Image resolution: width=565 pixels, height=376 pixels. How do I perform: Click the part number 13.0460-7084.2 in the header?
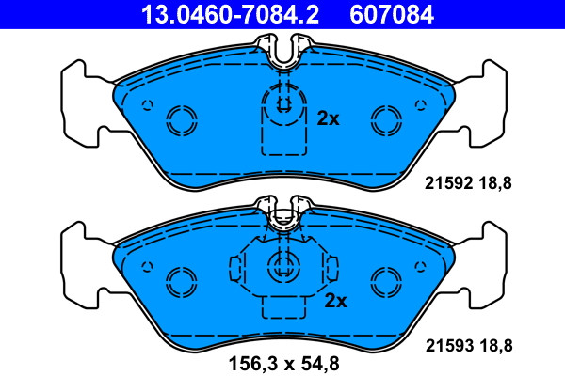point(230,14)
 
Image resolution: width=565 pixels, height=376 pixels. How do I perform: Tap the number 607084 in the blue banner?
point(392,14)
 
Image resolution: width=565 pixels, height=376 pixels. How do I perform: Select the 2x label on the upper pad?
point(328,118)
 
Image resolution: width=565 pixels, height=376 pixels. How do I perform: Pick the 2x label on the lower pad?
point(335,301)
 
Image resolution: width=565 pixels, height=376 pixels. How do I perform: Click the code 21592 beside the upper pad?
point(448,183)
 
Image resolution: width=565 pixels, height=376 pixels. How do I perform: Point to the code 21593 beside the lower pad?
point(449,346)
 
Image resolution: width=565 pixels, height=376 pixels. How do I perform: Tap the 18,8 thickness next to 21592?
point(495,183)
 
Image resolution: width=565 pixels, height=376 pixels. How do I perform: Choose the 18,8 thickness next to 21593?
point(495,346)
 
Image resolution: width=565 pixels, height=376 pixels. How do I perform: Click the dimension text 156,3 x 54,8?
point(284,364)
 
